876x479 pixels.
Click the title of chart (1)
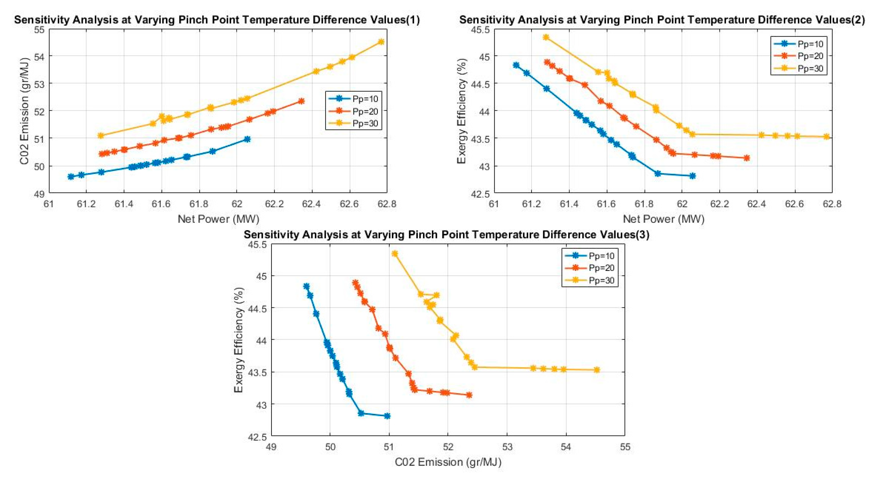point(217,20)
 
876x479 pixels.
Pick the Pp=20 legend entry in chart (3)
point(601,268)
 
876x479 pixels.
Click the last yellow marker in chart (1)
point(381,42)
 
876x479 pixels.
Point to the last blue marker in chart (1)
point(247,139)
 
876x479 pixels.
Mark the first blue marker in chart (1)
point(71,176)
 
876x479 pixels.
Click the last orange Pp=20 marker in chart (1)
point(301,101)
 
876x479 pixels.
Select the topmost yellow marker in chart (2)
point(546,37)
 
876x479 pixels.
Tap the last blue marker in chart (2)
point(692,176)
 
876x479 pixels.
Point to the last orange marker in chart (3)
point(469,395)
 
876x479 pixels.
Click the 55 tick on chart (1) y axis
point(40,29)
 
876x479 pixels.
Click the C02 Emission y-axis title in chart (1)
point(25,111)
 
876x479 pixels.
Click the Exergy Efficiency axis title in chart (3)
point(239,340)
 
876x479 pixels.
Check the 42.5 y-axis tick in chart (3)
point(257,437)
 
